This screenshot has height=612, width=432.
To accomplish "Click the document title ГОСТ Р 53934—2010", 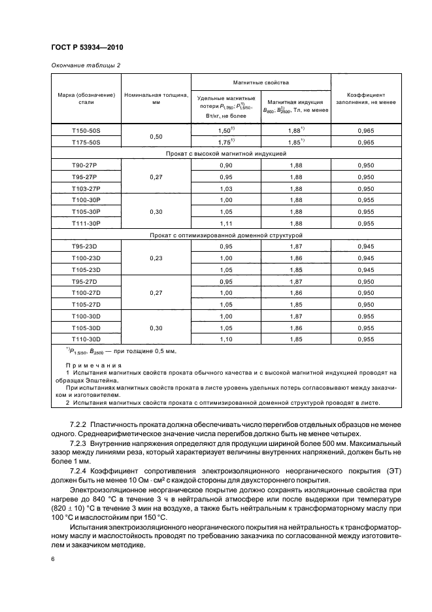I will click(x=87, y=48).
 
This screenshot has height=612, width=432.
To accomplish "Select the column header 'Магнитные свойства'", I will click(x=260, y=83).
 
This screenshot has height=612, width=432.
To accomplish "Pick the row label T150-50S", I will click(x=85, y=131).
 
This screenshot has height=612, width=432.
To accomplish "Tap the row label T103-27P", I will click(x=85, y=188).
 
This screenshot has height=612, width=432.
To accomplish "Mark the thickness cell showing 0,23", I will click(x=156, y=258).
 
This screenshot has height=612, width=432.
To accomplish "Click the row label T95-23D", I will click(x=85, y=246).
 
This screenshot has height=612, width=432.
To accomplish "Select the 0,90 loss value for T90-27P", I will click(x=225, y=165).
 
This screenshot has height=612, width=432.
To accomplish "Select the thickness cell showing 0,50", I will click(x=156, y=137).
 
